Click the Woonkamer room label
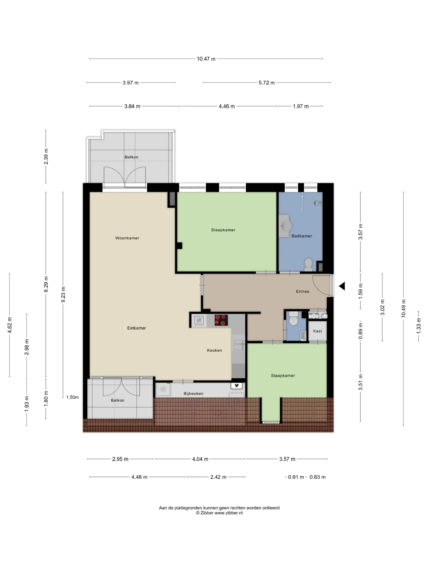click(127, 238)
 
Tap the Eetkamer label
click(137, 328)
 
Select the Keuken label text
click(214, 350)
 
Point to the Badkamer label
click(302, 236)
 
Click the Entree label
click(302, 291)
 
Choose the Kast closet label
click(317, 331)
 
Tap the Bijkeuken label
click(193, 393)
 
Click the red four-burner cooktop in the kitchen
click(221, 320)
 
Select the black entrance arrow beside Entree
click(342, 286)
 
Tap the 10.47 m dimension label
click(206, 59)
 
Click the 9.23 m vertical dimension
click(63, 294)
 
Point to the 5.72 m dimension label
click(267, 83)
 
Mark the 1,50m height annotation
click(73, 397)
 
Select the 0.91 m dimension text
click(296, 477)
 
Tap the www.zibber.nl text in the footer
click(229, 513)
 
